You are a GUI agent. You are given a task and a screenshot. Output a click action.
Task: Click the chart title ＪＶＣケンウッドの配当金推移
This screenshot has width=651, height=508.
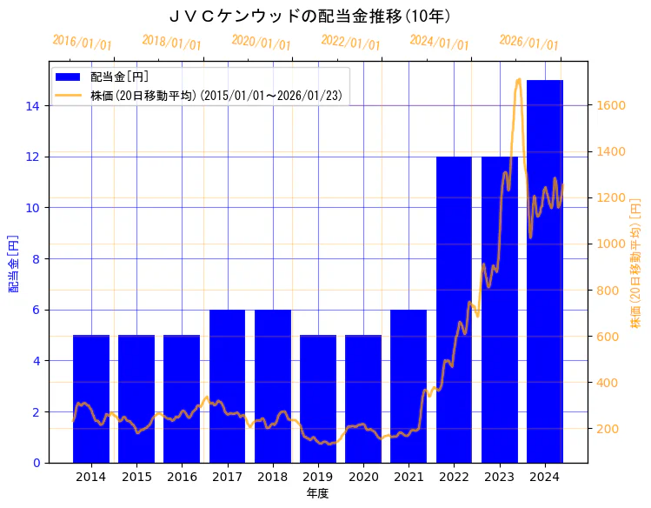[x=309, y=16]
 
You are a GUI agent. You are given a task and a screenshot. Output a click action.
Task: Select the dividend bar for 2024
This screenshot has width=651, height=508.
[x=544, y=271]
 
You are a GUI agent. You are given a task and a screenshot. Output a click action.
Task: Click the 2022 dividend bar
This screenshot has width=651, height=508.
[x=454, y=309]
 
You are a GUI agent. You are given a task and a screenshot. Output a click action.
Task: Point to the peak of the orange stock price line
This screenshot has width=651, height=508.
[x=519, y=79]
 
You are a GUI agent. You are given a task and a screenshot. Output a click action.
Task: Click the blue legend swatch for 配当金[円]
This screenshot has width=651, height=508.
[x=69, y=77]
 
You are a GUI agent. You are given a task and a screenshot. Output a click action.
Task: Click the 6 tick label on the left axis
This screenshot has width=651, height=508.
[x=37, y=310]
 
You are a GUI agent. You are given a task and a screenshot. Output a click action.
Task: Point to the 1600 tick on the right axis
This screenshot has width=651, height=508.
[x=611, y=105]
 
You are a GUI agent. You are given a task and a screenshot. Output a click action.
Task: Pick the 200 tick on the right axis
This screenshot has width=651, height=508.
[x=608, y=429]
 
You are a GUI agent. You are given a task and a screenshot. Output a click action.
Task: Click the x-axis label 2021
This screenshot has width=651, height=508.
[x=409, y=477]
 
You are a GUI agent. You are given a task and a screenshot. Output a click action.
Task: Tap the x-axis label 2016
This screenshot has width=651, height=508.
[x=182, y=477]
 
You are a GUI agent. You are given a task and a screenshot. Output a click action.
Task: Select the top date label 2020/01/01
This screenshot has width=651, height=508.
[x=261, y=43]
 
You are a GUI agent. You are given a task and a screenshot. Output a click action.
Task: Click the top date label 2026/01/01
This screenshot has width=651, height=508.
[x=528, y=43]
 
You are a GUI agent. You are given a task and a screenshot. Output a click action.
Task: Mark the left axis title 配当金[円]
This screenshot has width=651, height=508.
[x=14, y=264]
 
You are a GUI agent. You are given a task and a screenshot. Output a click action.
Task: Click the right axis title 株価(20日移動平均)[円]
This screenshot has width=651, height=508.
[x=635, y=264]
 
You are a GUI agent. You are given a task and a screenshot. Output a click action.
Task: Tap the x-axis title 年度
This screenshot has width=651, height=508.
[x=317, y=493]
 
